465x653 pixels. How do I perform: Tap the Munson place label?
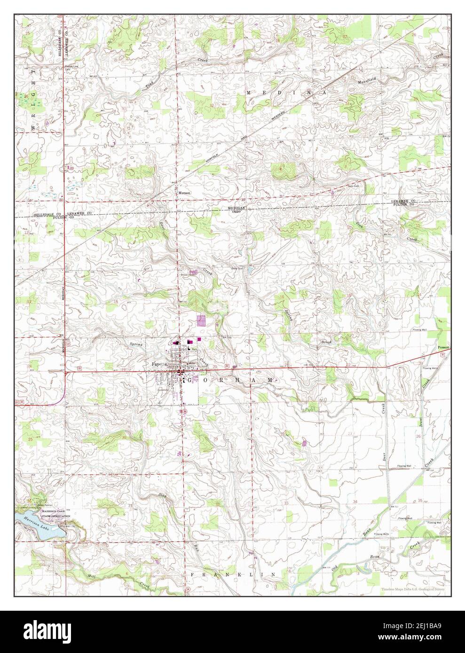[183, 193]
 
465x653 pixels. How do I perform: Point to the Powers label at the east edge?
[443, 348]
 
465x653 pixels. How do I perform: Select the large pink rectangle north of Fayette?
[201, 320]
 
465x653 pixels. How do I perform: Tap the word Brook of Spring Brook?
[326, 342]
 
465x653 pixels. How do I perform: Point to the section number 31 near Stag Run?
[129, 505]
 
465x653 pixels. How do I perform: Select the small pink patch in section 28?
[305, 443]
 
